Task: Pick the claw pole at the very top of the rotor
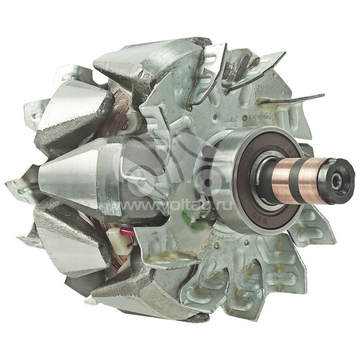(148, 63)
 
